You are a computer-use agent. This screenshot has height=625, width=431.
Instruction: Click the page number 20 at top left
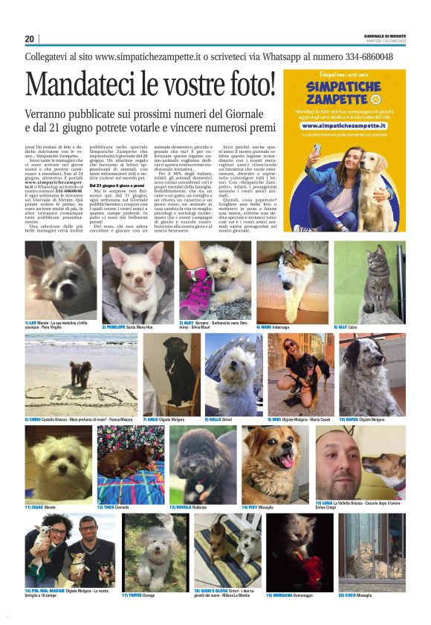30,39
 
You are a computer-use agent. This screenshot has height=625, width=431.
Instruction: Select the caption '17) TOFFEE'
135,595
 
